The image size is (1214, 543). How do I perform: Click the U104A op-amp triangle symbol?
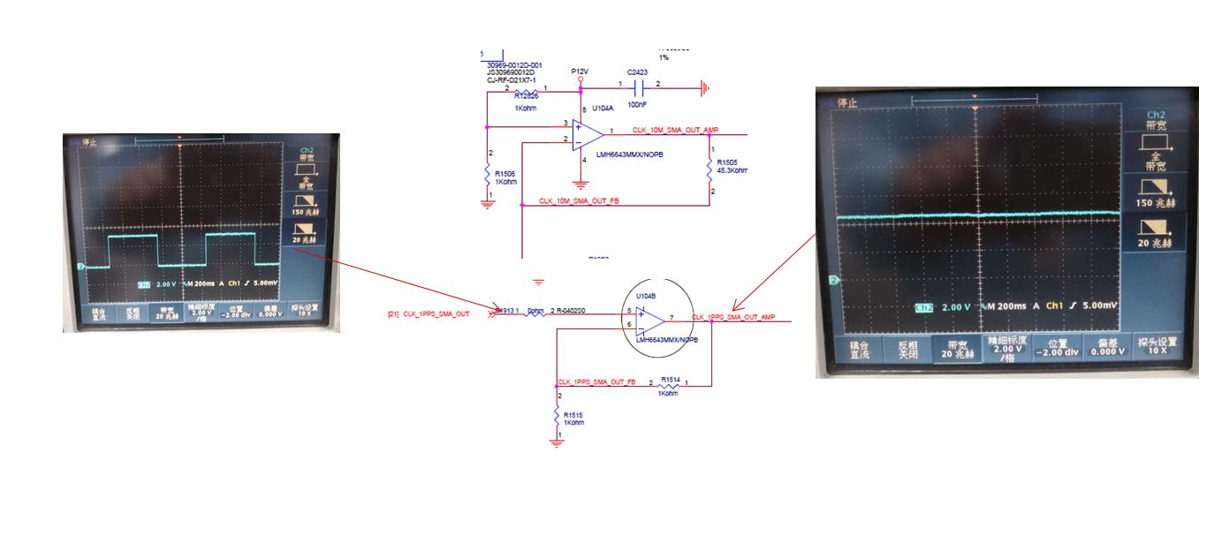tap(587, 134)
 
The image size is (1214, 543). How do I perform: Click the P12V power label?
tap(580, 70)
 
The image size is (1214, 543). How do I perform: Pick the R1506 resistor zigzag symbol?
tap(487, 175)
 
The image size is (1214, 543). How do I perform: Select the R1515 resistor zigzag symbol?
tap(557, 415)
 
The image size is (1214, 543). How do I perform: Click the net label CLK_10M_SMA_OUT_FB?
tap(579, 200)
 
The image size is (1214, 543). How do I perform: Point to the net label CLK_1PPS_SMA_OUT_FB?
tap(596, 382)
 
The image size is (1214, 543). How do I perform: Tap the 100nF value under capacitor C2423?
tap(635, 104)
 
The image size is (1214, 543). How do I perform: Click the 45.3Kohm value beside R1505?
tap(732, 170)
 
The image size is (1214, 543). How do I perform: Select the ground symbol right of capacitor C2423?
tap(704, 87)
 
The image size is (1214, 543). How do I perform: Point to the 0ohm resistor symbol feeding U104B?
tap(535, 312)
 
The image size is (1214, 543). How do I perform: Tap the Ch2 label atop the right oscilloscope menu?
tap(1156, 116)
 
